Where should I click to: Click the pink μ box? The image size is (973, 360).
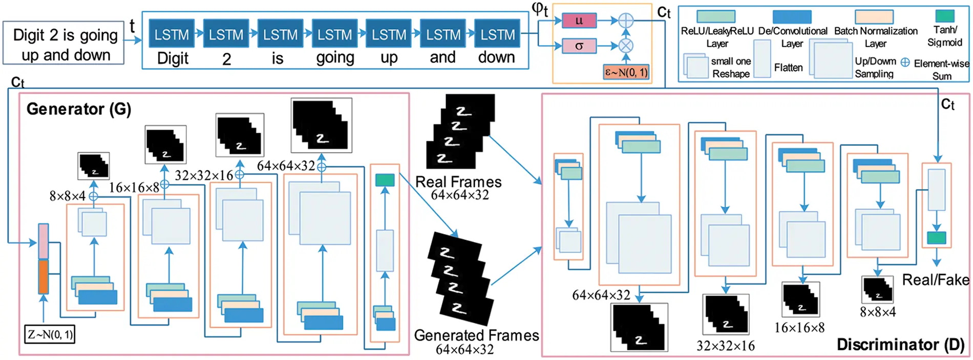579,20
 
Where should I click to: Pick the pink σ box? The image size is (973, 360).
579,46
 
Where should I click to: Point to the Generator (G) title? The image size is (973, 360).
79,109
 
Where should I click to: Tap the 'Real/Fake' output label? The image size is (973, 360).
935,280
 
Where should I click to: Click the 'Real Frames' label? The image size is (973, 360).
458,182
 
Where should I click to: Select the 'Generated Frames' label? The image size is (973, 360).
476,335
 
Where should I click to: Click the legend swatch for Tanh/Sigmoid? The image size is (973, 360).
945,16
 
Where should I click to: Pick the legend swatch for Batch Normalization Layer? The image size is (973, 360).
874,16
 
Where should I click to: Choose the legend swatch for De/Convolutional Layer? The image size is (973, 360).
792,16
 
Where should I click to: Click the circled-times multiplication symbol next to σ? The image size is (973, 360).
626,46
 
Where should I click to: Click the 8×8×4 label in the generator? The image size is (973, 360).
67,196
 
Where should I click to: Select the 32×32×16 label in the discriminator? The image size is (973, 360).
725,346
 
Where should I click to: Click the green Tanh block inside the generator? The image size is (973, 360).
385,180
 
